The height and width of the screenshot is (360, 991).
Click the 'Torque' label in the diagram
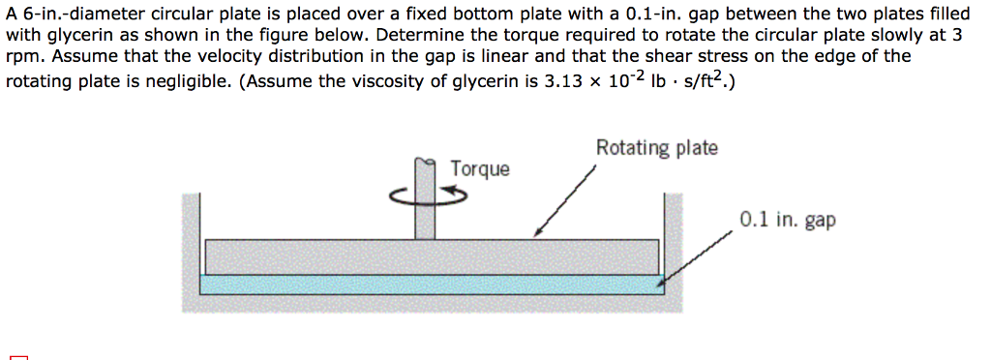(479, 169)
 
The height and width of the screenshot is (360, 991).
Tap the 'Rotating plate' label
(656, 148)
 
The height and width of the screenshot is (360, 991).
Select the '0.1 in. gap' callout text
(787, 220)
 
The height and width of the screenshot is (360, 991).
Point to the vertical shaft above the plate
(425, 208)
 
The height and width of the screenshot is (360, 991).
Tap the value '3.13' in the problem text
(566, 82)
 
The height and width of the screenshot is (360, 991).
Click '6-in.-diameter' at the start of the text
(74, 13)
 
